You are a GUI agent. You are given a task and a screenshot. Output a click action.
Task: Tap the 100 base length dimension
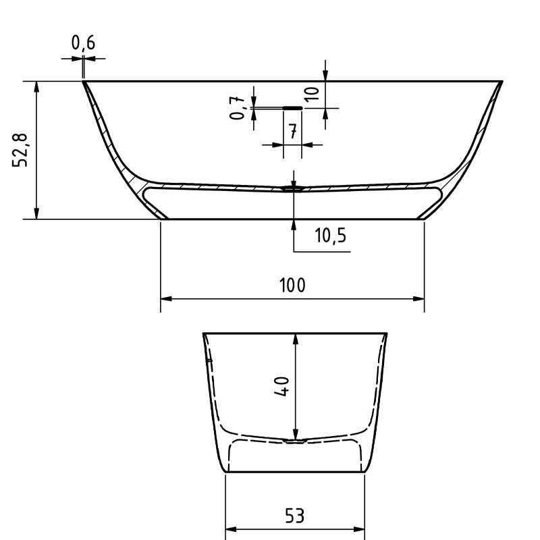coord(292,285)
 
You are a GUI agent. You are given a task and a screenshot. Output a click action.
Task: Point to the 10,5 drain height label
coord(330,236)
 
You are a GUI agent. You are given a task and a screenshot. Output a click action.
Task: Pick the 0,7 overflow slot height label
coord(238,107)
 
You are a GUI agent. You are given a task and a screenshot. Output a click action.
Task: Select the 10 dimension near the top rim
coord(312,93)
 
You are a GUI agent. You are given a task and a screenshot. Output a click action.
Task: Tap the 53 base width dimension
coord(294,516)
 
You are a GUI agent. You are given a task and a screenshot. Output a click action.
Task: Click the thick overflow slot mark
coord(292,107)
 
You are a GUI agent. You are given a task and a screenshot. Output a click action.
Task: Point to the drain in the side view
coord(294,190)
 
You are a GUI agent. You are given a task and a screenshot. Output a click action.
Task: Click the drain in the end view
coord(294,441)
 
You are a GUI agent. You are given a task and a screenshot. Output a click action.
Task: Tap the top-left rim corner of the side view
coord(83,81)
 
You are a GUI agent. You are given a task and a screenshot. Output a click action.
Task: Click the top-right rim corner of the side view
coord(503,81)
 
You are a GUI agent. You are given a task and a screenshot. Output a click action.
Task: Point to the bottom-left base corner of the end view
coord(225,472)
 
